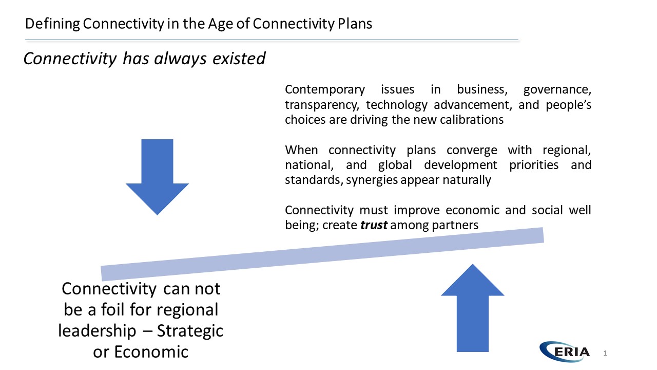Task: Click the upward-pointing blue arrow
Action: coord(473,308)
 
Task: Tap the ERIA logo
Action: coord(564,351)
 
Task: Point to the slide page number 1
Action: coord(605,353)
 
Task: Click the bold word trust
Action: coord(374,225)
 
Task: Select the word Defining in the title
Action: coord(52,24)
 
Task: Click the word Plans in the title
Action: coord(355,24)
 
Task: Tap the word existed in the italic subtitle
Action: coord(239,59)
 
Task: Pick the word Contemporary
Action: coord(325,90)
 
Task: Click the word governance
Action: coord(557,90)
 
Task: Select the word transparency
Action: coord(322,105)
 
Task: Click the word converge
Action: coord(472,151)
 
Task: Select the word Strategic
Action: coord(190,331)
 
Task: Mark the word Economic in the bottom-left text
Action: coord(151,352)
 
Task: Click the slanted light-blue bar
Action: coord(322,254)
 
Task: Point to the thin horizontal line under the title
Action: coord(272,40)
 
